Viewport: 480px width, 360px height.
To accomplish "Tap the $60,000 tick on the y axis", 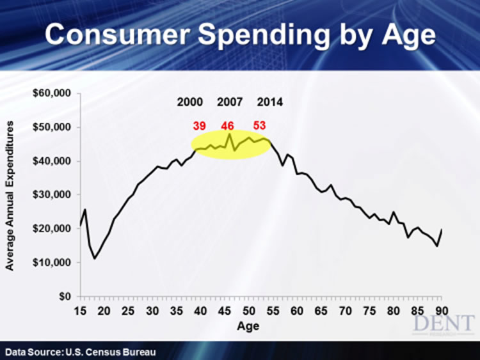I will tap(54, 93).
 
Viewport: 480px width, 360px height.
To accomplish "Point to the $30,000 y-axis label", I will tap(54, 195).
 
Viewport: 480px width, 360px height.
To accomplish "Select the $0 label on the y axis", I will tap(63, 297).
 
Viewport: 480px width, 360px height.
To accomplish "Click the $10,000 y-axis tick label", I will tap(54, 263).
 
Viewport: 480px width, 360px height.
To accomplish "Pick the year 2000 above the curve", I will tap(190, 102).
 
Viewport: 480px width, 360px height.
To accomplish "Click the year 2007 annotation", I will tap(230, 102).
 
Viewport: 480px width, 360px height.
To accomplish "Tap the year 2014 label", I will tap(269, 102).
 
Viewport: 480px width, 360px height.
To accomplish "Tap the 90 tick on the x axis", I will tap(441, 311).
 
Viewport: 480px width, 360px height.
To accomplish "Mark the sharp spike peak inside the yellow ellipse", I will tap(230, 134).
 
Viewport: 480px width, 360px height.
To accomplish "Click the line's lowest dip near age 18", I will tap(95, 258).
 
